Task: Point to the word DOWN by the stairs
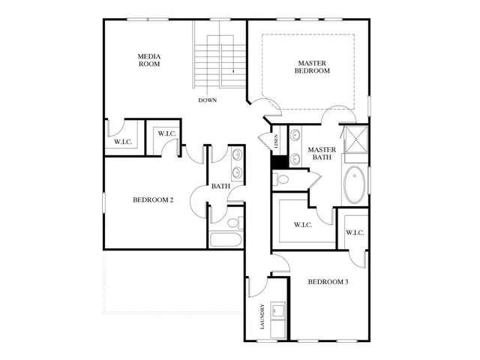click(x=208, y=100)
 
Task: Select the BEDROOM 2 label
click(x=153, y=199)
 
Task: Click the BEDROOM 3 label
click(x=328, y=282)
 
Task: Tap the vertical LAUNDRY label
click(x=262, y=316)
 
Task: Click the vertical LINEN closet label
click(x=276, y=141)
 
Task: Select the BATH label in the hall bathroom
click(x=220, y=186)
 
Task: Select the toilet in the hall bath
click(x=233, y=222)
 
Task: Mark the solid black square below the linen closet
click(x=277, y=160)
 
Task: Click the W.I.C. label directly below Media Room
click(x=123, y=141)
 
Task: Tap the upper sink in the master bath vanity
click(x=295, y=136)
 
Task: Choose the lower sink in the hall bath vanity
click(x=237, y=173)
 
